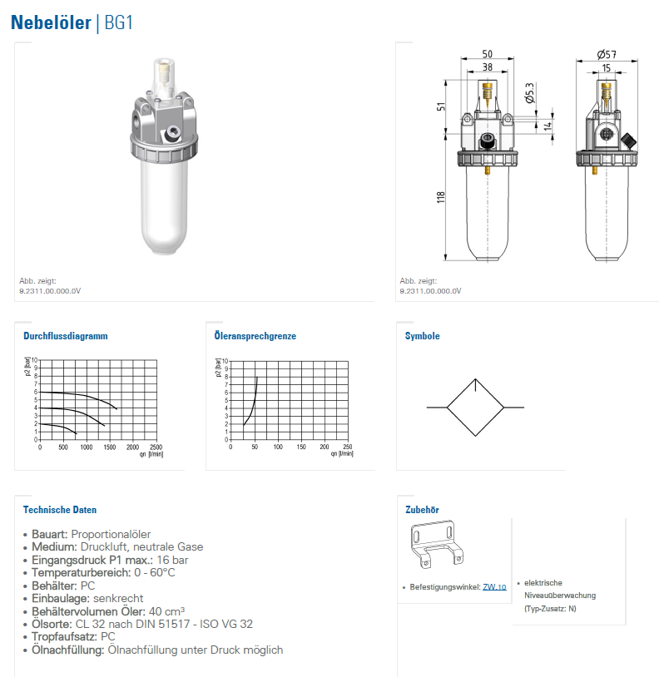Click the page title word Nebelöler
click(x=52, y=22)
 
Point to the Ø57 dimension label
click(x=606, y=54)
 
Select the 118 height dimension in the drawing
click(x=441, y=196)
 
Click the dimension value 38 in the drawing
click(x=487, y=67)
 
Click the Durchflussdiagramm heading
click(x=66, y=336)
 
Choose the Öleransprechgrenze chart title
click(x=255, y=336)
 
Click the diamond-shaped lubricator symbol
click(x=475, y=408)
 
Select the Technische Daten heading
click(x=60, y=510)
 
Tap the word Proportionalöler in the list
click(x=111, y=534)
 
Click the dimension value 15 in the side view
click(x=607, y=67)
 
